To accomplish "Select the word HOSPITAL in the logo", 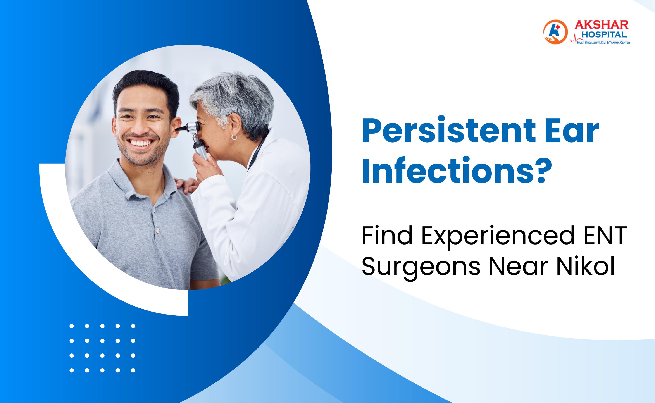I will point(604,35).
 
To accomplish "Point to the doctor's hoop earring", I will point(234,137).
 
